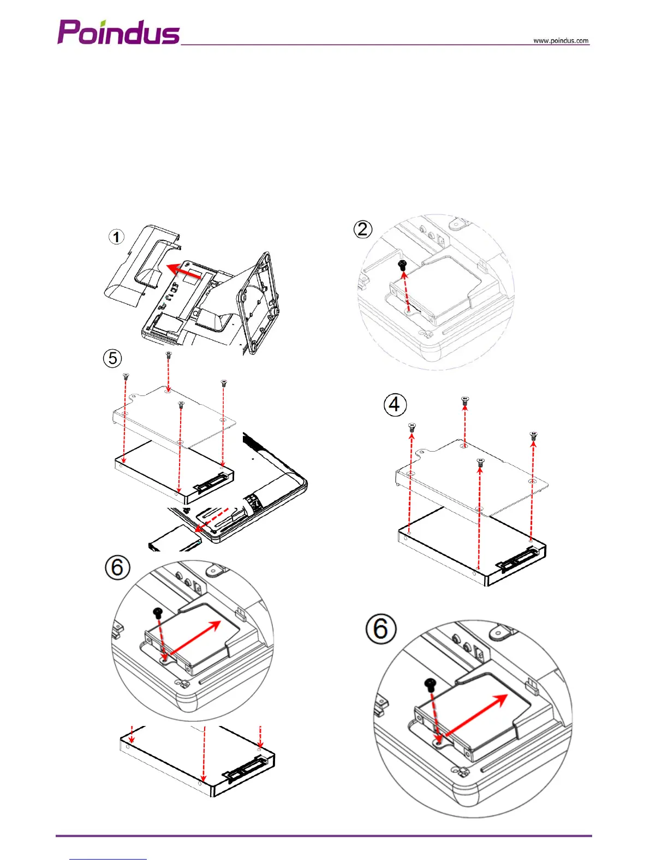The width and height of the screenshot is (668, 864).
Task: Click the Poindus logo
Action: [118, 32]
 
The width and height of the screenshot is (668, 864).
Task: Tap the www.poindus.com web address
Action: [561, 40]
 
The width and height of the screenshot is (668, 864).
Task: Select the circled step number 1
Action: [116, 237]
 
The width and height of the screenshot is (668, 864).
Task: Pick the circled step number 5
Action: [112, 358]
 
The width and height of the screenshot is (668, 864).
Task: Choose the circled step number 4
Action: [395, 405]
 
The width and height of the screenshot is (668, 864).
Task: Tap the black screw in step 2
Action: [403, 266]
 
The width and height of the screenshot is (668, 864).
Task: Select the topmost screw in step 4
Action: [465, 400]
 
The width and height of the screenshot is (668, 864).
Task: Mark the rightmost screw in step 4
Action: [534, 435]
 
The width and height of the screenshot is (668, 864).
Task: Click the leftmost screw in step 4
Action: [412, 427]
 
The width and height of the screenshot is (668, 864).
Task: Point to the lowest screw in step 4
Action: [480, 462]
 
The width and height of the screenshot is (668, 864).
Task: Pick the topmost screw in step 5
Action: [169, 355]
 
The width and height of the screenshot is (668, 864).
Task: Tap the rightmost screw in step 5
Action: [223, 383]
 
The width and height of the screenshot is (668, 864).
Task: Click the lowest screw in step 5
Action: [182, 404]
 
